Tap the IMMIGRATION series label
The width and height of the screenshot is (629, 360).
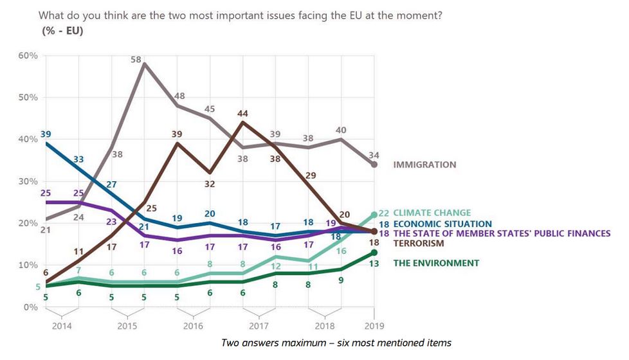[x=424, y=165]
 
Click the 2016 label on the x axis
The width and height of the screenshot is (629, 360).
[x=193, y=326]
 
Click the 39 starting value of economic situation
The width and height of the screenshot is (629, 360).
[x=45, y=134]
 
